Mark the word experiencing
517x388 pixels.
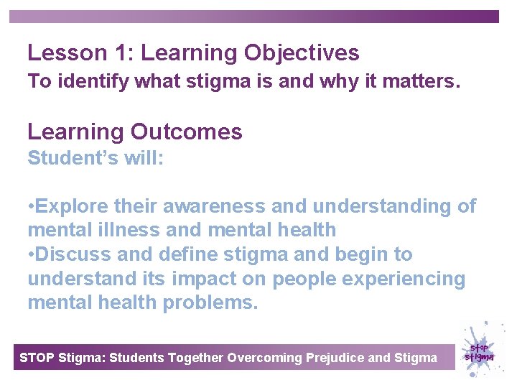tap(403, 278)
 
